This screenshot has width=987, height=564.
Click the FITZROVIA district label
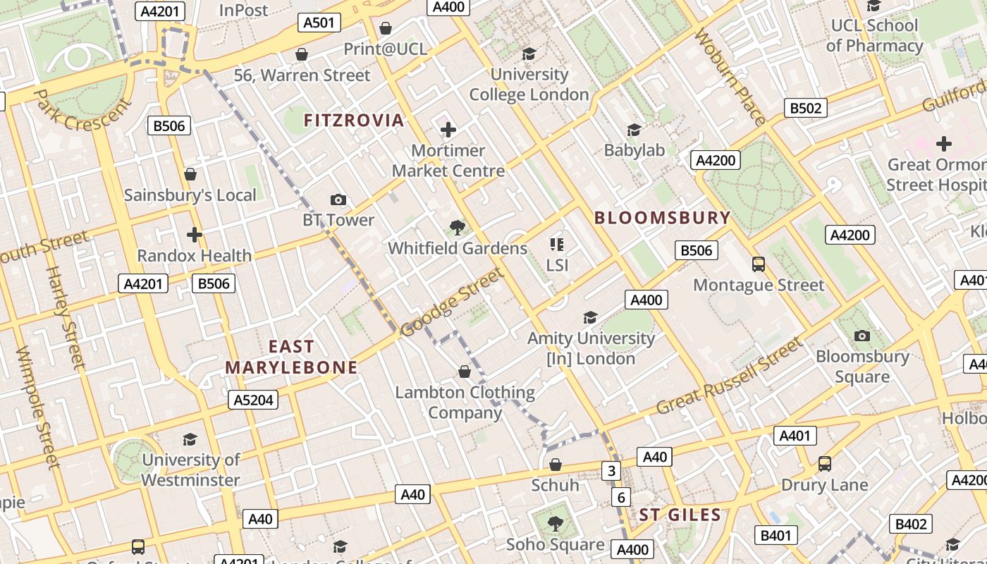[x=354, y=121]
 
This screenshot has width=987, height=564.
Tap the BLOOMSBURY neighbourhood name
[x=662, y=218]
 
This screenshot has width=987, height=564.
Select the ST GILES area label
[x=680, y=515]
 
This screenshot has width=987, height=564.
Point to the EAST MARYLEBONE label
[x=291, y=357]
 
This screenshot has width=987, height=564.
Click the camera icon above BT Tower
[x=338, y=200]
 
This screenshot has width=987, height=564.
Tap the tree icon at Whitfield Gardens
[x=458, y=227]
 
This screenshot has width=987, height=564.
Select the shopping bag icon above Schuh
[x=556, y=465]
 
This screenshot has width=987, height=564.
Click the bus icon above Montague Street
[x=759, y=264]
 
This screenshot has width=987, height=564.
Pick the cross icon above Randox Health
[x=195, y=235]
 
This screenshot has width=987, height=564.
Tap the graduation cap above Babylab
[x=634, y=130]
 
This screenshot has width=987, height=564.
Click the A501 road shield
[x=319, y=23]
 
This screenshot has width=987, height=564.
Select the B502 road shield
[x=806, y=108]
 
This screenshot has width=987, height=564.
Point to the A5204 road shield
[x=254, y=400]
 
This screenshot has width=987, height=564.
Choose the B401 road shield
[x=775, y=536]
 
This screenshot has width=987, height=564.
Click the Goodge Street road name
[x=452, y=302]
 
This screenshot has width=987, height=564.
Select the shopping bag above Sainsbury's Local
[x=190, y=174]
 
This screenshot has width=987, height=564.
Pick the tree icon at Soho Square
[x=556, y=523]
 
